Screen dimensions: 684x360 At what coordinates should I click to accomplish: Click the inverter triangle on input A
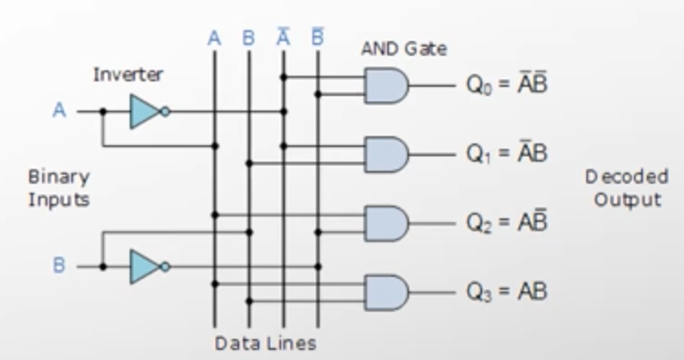[x=145, y=111]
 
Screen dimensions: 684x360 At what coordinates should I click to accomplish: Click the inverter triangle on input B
[x=145, y=267]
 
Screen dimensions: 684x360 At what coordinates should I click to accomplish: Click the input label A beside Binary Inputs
[x=59, y=111]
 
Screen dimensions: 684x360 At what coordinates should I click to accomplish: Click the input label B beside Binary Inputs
[x=58, y=265]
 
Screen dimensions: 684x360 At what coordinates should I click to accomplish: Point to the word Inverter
[x=128, y=75]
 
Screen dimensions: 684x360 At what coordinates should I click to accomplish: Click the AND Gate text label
[x=404, y=48]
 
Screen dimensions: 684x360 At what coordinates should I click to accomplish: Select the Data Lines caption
[x=266, y=344]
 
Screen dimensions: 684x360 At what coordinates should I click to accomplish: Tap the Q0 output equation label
[x=507, y=84]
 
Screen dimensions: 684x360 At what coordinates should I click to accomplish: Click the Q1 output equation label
[x=507, y=154]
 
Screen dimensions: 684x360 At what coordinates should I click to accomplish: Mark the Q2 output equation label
[x=507, y=222]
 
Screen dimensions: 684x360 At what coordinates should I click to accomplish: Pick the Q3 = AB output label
[x=507, y=291]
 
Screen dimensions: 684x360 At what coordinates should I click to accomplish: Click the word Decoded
[x=626, y=176]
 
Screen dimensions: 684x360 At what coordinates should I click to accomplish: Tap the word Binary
[x=58, y=177]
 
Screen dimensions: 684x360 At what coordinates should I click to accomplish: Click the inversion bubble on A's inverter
[x=165, y=111]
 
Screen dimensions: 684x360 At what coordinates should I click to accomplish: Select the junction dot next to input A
[x=103, y=111]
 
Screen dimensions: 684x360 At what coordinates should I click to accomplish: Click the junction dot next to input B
[x=103, y=267]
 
